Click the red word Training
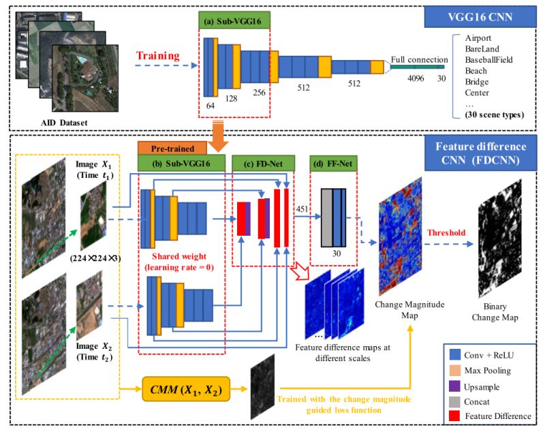159,55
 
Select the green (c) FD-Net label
260,163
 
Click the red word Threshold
446,232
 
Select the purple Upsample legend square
452,386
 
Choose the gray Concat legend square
452,401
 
